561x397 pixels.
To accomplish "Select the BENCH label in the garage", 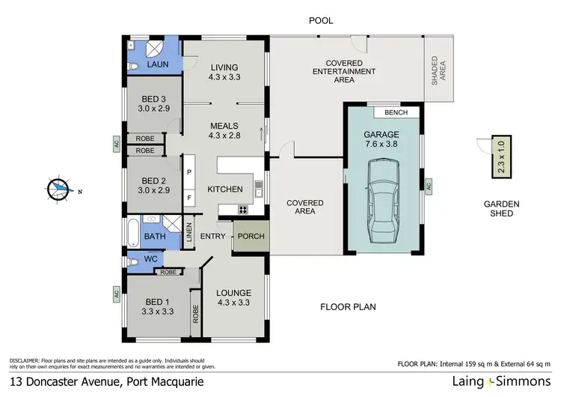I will (395, 112).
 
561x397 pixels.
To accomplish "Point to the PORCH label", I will (251, 237).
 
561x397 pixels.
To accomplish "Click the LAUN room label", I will (158, 65).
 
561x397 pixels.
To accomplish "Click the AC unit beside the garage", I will (429, 185).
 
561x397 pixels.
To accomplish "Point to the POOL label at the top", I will (321, 21).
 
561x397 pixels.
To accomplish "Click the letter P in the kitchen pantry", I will (189, 172).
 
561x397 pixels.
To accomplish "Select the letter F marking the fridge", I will (189, 198).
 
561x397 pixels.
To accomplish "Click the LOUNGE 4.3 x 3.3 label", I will (233, 297).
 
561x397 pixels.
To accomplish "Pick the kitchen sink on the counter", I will (258, 190).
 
